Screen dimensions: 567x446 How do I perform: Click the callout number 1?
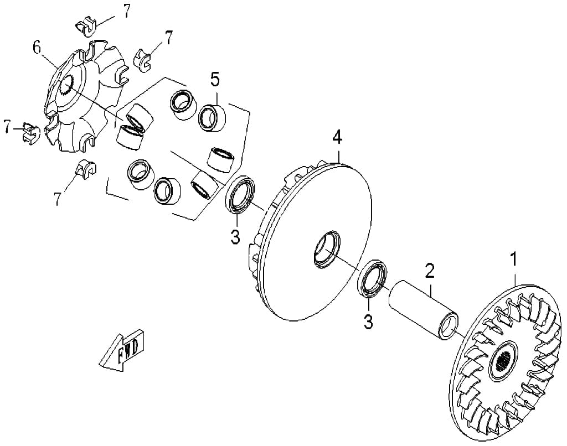(x=513, y=260)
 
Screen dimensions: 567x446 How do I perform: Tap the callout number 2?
(x=429, y=271)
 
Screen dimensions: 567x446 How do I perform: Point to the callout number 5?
(x=215, y=80)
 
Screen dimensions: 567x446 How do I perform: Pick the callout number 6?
(x=37, y=48)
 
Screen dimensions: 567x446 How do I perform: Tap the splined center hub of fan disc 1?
(x=502, y=360)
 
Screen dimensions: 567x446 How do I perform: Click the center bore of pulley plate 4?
(x=327, y=250)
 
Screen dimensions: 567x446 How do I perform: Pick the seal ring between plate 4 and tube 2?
(x=372, y=278)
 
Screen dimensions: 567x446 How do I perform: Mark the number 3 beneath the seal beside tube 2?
(x=368, y=321)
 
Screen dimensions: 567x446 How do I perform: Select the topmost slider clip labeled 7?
(x=85, y=26)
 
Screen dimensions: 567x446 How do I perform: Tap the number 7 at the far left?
(x=7, y=127)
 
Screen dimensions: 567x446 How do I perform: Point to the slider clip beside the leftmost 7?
(x=31, y=132)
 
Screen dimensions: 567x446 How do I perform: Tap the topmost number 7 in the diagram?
(x=126, y=11)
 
